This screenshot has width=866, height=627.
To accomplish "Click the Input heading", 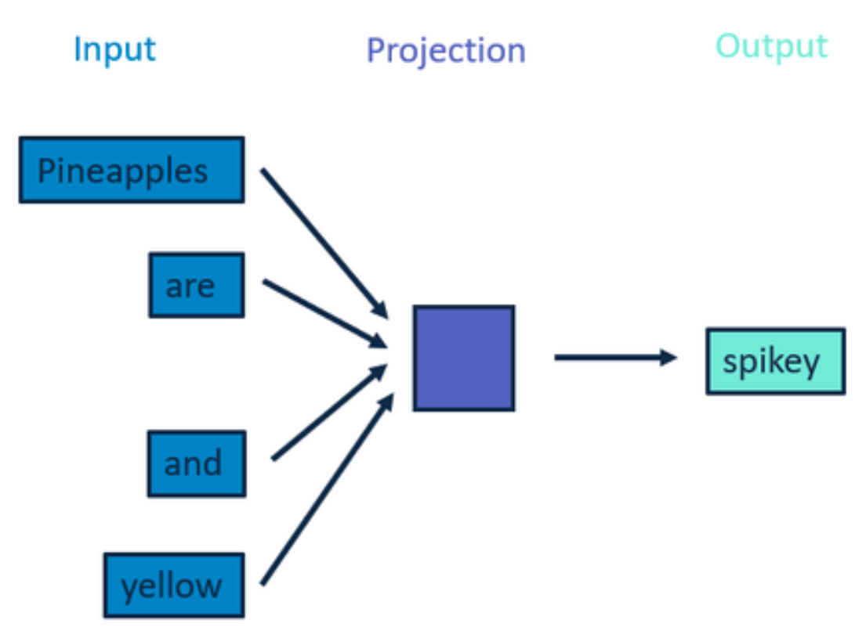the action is [115, 50].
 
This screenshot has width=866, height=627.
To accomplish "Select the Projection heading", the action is [446, 52].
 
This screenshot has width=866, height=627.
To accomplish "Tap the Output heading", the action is [771, 47].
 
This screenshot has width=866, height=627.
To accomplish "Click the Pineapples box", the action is [132, 170].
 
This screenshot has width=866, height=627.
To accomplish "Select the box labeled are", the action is [197, 285].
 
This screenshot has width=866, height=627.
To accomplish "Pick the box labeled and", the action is [197, 463].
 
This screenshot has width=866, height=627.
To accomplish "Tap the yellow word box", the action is [174, 585].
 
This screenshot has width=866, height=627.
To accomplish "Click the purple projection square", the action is [464, 358].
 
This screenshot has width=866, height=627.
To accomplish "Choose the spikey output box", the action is [775, 361].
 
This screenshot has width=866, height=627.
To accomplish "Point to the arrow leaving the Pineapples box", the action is [324, 243].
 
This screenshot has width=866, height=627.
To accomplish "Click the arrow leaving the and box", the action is [330, 412].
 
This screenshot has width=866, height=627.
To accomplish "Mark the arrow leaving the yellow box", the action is [328, 488].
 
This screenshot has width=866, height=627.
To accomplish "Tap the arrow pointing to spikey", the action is [616, 358].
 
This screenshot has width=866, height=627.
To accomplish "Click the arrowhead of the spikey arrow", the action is [669, 358].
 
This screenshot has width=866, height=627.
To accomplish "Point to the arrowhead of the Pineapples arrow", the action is [381, 310].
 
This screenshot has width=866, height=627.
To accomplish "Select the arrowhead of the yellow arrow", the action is [388, 402].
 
